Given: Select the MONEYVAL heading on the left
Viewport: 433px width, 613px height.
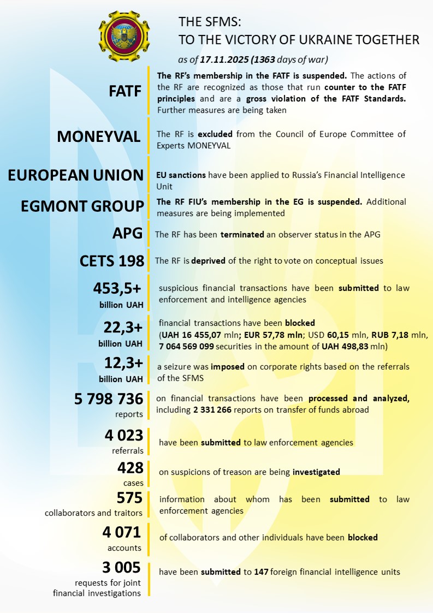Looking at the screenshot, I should (x=99, y=136).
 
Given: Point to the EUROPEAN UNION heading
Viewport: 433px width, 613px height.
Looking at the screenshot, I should (x=76, y=175).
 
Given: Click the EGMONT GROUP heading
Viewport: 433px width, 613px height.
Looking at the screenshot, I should (x=82, y=207).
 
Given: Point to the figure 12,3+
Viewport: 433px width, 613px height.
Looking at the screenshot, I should (x=123, y=362).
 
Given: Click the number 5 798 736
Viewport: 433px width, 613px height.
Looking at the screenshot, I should (x=109, y=399).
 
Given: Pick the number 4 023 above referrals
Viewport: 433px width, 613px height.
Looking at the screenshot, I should (x=123, y=436).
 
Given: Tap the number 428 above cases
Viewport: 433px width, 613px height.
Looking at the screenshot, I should (x=130, y=468).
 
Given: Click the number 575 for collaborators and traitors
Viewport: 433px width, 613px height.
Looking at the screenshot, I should (x=130, y=497).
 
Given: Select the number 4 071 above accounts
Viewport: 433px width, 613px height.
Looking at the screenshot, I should (x=122, y=532).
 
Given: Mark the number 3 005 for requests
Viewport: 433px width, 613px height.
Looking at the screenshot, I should (x=122, y=567).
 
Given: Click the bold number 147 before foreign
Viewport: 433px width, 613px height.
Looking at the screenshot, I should (x=261, y=572).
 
